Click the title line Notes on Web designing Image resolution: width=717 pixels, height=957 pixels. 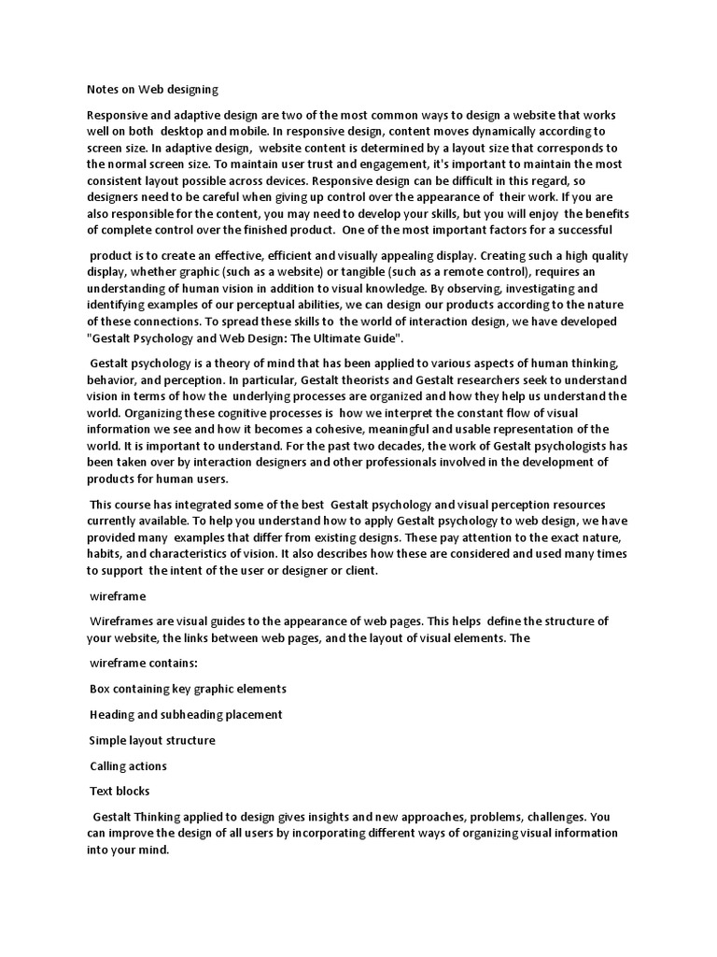(x=146, y=90)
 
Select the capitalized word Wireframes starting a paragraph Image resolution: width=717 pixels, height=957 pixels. (x=124, y=621)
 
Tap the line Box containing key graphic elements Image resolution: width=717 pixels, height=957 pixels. (x=188, y=689)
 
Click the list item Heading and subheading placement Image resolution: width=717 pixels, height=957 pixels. (x=186, y=715)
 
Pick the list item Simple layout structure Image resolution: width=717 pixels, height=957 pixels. (x=152, y=740)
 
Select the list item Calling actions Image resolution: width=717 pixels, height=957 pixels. (x=128, y=765)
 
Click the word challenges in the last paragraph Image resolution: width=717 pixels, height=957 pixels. (x=552, y=816)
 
